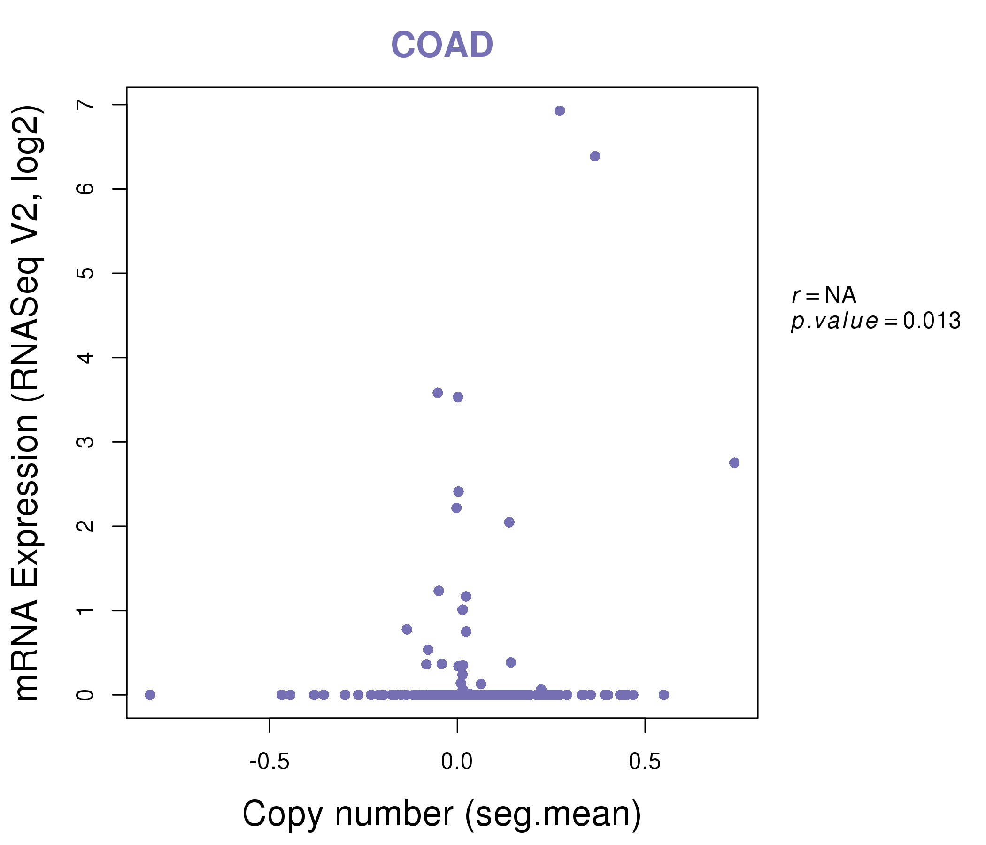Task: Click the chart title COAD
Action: pos(442,45)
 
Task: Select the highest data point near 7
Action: pos(560,111)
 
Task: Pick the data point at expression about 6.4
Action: pos(595,156)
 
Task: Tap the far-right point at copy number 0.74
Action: pos(734,462)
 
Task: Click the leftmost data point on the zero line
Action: pos(150,695)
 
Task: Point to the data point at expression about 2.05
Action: pos(509,522)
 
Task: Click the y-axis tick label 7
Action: pos(85,105)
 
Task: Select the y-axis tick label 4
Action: pos(85,357)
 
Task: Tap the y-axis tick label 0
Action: pos(85,695)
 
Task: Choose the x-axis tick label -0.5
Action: pos(270,762)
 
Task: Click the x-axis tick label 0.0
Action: pos(457,762)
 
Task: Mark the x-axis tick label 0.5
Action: pos(645,762)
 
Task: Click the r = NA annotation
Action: pos(824,295)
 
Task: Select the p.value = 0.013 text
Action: pos(876,321)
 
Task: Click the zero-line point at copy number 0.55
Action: pos(664,695)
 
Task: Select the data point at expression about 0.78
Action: pos(407,630)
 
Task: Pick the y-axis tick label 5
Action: pos(85,273)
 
